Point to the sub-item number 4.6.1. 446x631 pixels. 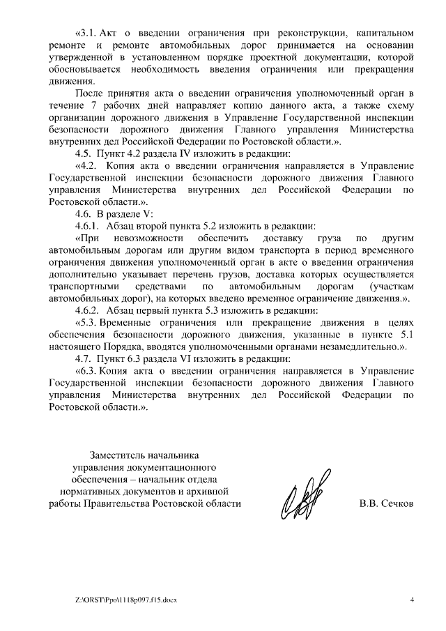tap(89, 226)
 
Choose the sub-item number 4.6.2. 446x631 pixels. tap(89, 310)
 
